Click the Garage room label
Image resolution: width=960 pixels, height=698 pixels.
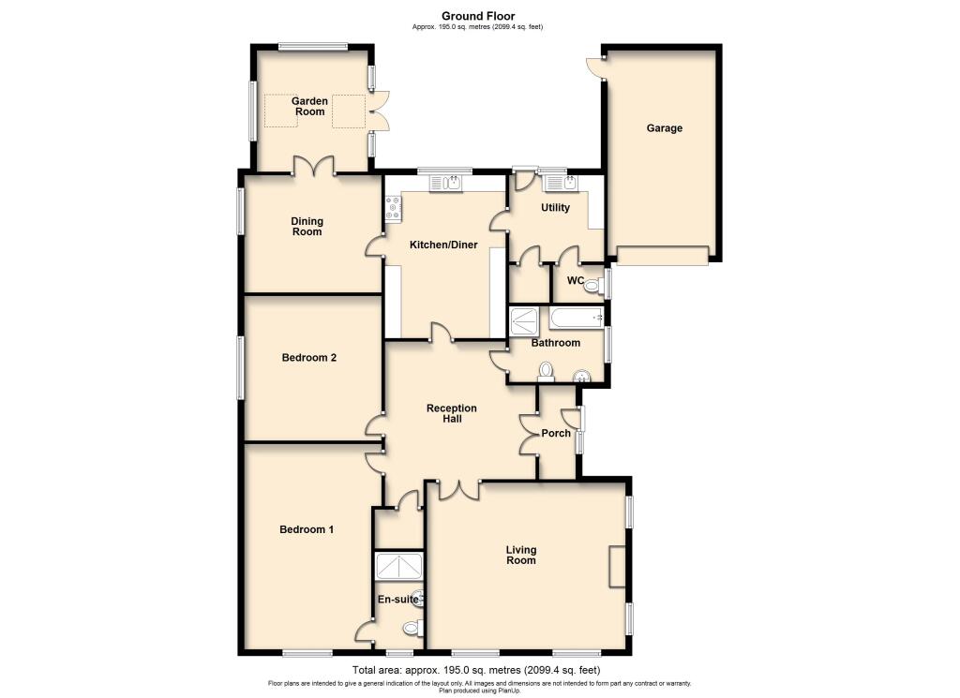(x=664, y=128)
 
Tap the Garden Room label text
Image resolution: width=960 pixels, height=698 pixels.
(x=308, y=107)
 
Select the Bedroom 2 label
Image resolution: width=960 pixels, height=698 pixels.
(x=308, y=358)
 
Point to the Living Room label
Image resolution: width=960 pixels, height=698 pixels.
(x=521, y=555)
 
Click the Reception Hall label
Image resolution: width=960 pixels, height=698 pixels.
(x=451, y=414)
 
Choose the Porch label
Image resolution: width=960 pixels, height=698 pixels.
(x=556, y=434)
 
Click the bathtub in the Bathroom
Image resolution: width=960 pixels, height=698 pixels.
(x=577, y=319)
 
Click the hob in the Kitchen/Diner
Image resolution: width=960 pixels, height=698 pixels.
(x=392, y=208)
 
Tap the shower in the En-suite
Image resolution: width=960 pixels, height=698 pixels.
(x=398, y=567)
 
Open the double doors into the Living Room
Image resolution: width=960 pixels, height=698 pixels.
(x=459, y=488)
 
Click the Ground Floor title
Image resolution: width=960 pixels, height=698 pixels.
(x=477, y=15)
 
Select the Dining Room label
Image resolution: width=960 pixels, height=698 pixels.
(x=306, y=227)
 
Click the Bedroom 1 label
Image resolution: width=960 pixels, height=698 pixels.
(x=307, y=529)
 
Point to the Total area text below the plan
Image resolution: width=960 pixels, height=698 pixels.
(x=476, y=670)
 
